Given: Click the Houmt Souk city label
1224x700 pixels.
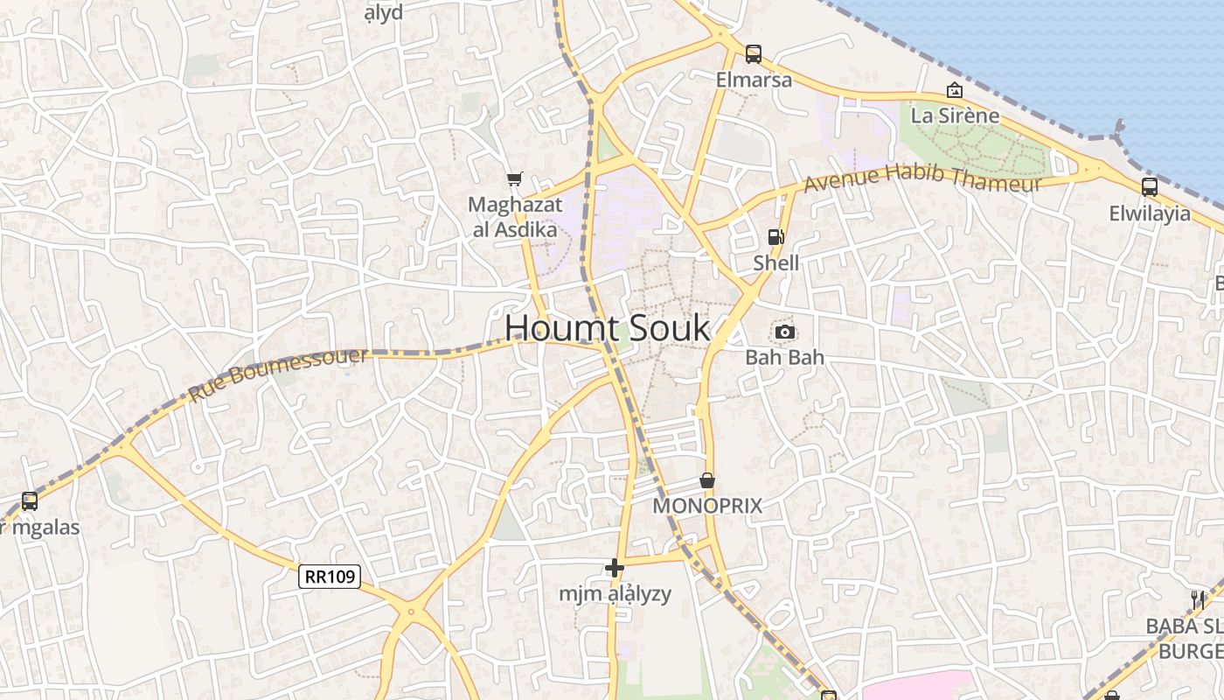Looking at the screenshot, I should point(608,328).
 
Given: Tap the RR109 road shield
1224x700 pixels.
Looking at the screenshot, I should point(330,577).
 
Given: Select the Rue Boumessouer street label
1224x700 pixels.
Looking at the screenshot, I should point(278,374).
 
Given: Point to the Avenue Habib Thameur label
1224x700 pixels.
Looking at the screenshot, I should point(922,179).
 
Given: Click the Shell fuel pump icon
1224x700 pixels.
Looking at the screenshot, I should point(775,236).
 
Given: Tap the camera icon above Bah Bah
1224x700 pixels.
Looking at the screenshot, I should point(784,332).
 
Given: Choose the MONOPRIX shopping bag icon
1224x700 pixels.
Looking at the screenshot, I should point(707,480).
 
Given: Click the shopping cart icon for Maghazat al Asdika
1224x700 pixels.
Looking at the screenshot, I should point(514,178).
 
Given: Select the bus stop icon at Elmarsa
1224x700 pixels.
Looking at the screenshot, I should point(753,54).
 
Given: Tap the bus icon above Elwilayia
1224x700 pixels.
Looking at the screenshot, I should point(1149,186).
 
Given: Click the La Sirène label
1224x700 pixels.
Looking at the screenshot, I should point(955,115).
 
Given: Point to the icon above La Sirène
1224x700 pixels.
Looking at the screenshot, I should point(955,89).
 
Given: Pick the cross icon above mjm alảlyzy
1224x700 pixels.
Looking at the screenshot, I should point(615,568).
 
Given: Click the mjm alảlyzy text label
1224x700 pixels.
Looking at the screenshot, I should point(615,594).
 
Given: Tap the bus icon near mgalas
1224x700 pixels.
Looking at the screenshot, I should point(30,501).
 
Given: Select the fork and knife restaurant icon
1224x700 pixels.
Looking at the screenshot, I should point(1198,600).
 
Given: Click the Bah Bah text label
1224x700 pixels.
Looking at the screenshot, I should point(784,357).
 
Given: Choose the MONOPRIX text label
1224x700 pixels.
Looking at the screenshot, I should point(708,506).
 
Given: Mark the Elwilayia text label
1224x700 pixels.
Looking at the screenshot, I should point(1150,213).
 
